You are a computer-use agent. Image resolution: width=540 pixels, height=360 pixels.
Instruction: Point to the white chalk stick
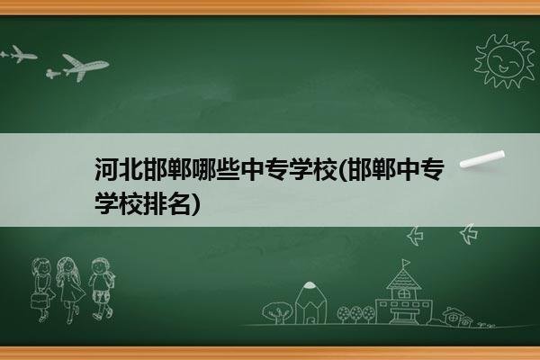[x=482, y=159]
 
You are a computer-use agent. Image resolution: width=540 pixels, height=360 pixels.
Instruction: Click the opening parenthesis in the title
[x=344, y=169]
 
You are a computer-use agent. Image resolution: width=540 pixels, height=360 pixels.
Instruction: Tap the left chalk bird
[x=415, y=236]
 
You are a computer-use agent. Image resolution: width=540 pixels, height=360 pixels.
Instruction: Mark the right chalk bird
[x=469, y=234]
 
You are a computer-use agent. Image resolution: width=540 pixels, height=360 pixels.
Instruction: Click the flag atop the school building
[x=406, y=263]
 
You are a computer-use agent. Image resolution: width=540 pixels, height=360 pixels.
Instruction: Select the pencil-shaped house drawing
[x=310, y=303]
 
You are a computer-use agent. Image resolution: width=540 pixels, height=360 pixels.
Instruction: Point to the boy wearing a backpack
[x=101, y=288]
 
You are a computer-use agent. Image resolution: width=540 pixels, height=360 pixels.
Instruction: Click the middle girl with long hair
[x=69, y=290]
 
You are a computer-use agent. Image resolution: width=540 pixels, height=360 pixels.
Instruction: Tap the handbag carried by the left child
[x=39, y=301]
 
